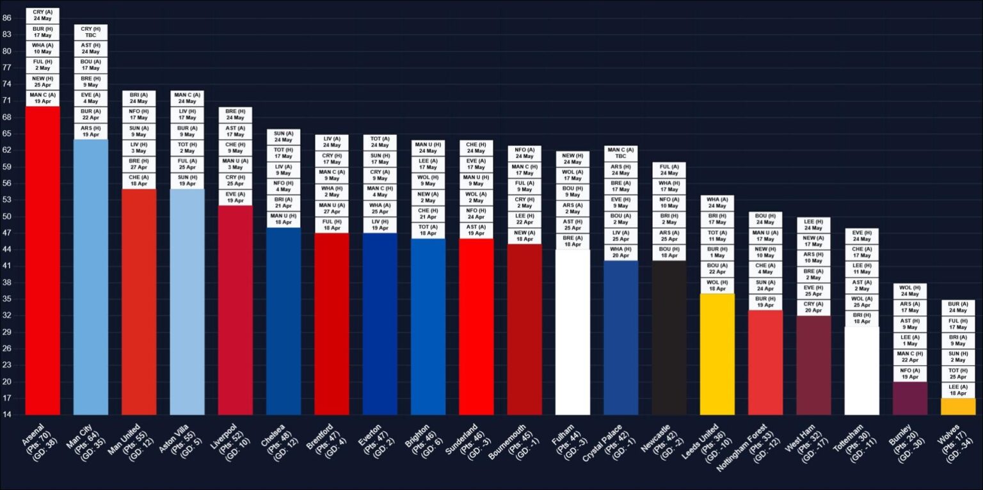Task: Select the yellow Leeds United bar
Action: coord(717,354)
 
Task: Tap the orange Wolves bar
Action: coord(958,407)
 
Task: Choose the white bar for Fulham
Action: coord(573,333)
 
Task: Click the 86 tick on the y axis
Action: coord(6,18)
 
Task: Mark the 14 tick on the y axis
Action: coord(6,415)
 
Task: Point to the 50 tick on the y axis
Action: coord(6,217)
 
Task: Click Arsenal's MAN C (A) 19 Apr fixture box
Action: coord(43,98)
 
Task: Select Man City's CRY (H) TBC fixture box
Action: coord(91,32)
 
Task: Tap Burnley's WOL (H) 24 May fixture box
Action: coord(910,291)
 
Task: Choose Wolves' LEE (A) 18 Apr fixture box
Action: coord(958,390)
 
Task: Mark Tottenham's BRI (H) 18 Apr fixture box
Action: coord(862,318)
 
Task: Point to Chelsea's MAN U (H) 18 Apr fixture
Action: coord(284,219)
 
